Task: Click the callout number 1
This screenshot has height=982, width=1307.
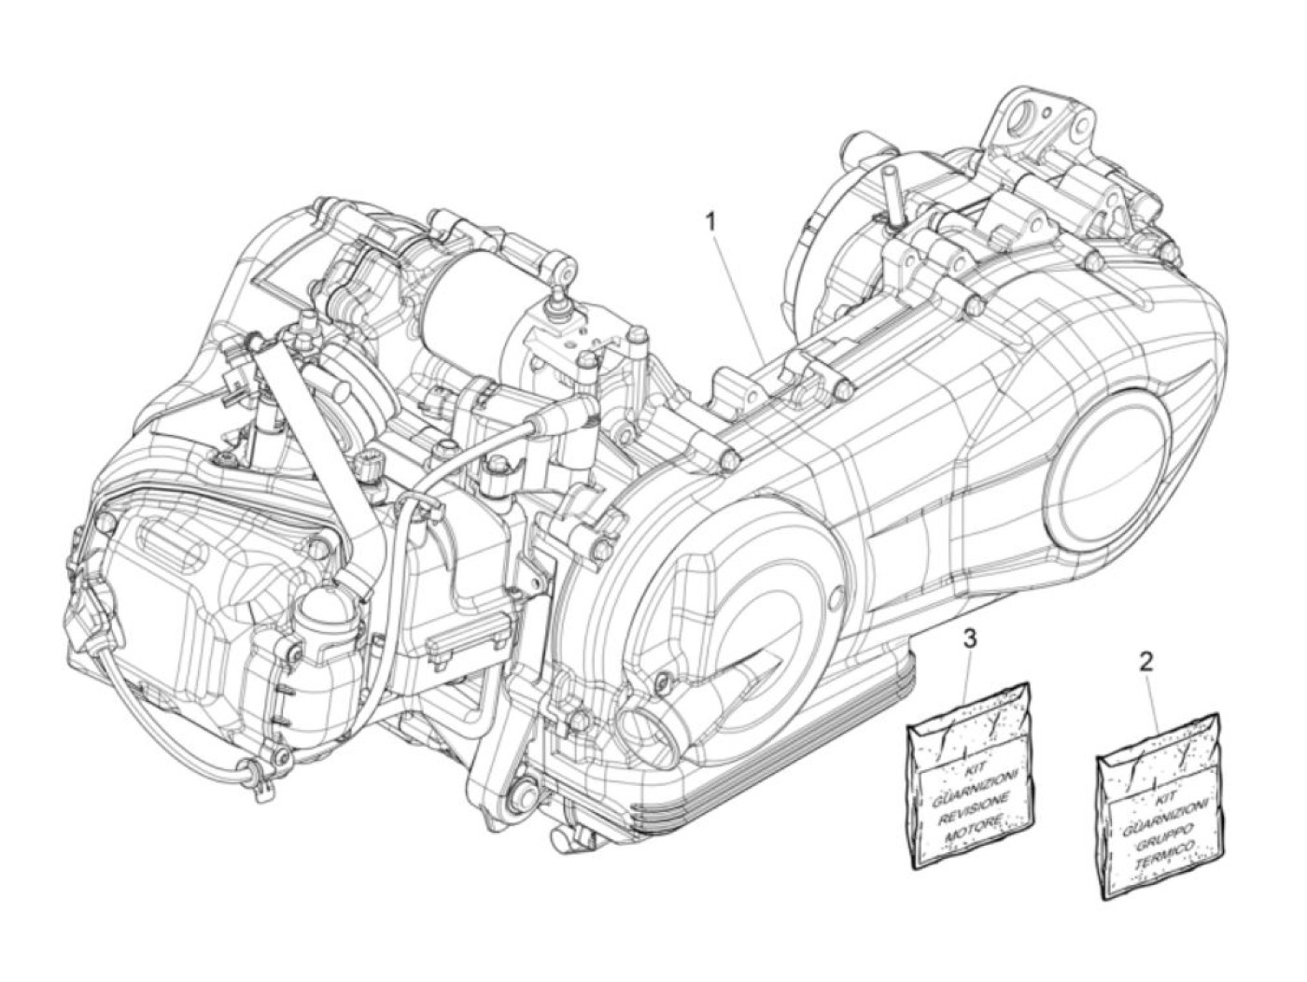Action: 711,197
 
